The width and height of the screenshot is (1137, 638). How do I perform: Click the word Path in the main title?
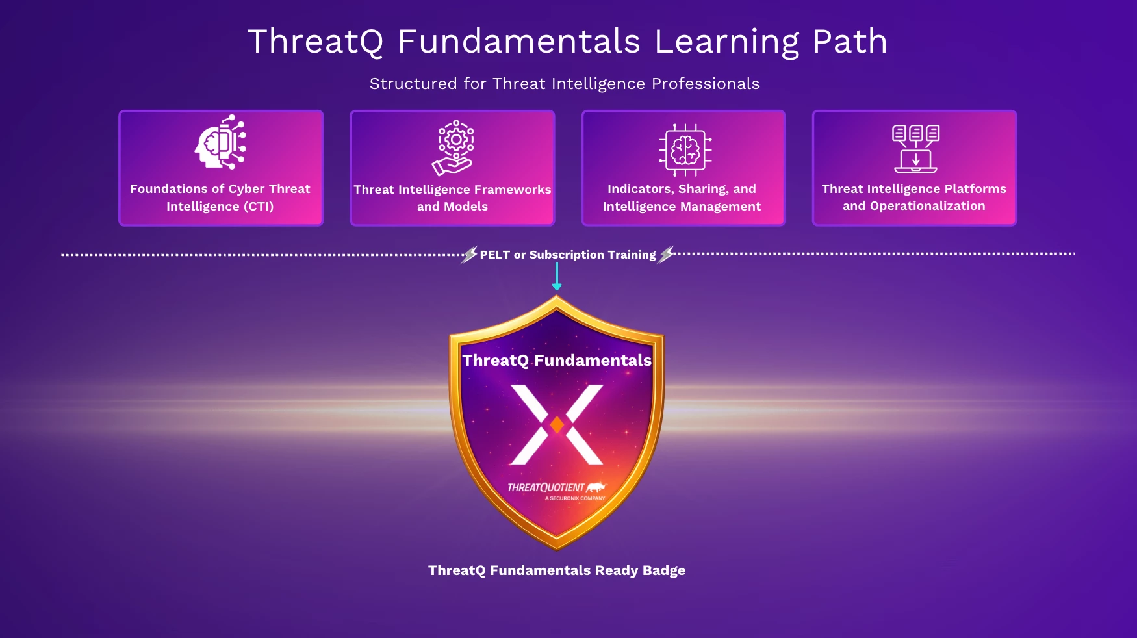pos(850,42)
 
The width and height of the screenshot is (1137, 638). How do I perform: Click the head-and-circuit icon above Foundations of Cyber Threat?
pos(220,142)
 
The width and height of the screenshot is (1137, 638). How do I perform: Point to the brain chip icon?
pos(685,150)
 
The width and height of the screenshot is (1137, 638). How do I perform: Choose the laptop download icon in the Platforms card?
pos(915,149)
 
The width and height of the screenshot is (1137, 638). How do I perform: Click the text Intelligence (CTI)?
pos(220,207)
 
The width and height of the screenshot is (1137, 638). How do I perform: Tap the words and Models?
pos(452,207)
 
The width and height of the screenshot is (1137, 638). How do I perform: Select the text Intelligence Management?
pos(682,207)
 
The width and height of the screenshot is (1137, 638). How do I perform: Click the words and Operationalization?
pos(914,206)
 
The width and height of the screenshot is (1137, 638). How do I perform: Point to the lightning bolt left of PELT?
pos(469,255)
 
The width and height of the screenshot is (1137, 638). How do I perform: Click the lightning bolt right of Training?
pos(667,255)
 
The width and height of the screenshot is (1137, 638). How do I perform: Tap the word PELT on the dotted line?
pos(495,255)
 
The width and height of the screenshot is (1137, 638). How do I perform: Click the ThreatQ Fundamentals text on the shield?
pos(557,361)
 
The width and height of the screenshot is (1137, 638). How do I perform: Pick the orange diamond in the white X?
pos(557,425)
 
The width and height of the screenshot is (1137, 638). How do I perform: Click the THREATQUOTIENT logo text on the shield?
pos(546,487)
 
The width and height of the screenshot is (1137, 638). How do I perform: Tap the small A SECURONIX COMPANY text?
pos(575,498)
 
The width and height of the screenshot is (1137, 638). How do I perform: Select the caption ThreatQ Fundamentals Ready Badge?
pos(557,570)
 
